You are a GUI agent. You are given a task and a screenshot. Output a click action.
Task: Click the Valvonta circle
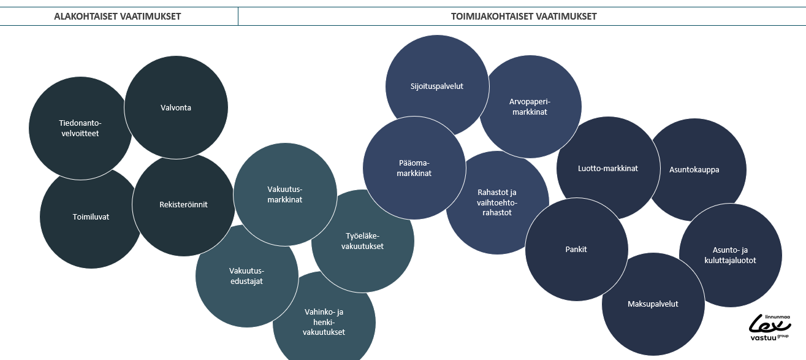pos(176,107)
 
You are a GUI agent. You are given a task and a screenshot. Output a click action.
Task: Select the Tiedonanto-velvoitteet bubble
pos(80,128)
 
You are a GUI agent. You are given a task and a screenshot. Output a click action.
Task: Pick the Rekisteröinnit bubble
pos(183,204)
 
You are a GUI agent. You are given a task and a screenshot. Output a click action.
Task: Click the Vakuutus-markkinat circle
pos(285,194)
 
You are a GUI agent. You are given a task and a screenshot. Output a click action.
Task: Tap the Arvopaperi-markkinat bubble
pos(530,107)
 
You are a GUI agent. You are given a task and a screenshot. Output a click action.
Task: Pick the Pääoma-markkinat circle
pos(414,168)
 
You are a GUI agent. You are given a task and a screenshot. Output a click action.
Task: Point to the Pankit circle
pos(576,249)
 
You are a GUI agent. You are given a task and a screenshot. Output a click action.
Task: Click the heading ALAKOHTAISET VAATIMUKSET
pos(117,17)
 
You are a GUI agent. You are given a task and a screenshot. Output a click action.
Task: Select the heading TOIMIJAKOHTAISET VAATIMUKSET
pos(524,17)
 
